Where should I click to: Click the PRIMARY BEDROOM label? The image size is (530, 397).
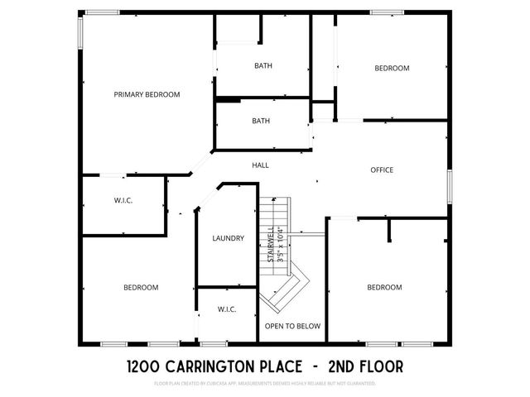(147, 94)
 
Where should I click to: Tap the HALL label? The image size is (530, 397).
(260, 165)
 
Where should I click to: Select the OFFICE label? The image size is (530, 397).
(381, 170)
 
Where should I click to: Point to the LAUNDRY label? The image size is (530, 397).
(228, 238)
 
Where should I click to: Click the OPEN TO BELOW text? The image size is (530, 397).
(292, 326)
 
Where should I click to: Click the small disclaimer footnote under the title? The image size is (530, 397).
(265, 384)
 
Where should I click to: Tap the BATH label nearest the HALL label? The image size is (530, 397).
(261, 121)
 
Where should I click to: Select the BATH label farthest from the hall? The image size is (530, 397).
(263, 65)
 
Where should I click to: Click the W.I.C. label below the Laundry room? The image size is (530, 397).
(227, 309)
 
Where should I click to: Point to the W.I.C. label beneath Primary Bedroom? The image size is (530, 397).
(123, 200)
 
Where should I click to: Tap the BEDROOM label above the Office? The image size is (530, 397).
(392, 68)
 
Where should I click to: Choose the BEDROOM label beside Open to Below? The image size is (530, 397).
(384, 287)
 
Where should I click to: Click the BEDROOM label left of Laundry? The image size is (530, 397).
(141, 287)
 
